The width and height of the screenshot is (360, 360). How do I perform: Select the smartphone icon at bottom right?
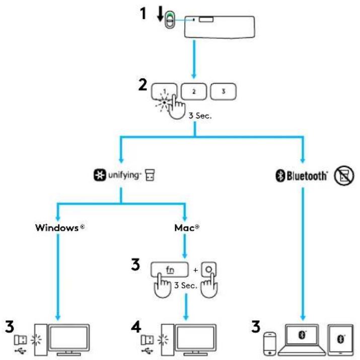[x=270, y=344]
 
